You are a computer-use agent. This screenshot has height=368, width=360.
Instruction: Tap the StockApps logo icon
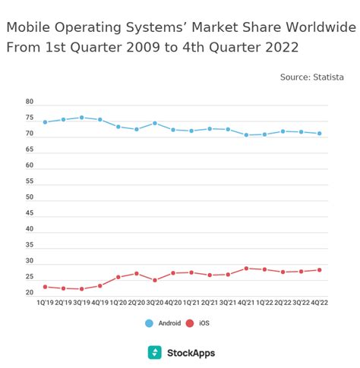click(x=155, y=353)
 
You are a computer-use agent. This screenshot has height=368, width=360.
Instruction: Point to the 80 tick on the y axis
click(x=30, y=102)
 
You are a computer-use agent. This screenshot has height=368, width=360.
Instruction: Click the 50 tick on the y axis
click(x=30, y=197)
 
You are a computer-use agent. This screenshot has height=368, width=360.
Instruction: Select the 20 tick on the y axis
click(x=30, y=293)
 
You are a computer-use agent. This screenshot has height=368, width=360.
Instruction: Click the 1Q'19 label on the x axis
click(x=46, y=302)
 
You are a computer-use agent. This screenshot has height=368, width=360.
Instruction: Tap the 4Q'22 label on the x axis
click(x=319, y=302)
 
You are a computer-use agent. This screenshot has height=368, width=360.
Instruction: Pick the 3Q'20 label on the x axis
click(x=155, y=302)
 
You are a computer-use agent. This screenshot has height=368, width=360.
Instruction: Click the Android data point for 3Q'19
click(x=82, y=118)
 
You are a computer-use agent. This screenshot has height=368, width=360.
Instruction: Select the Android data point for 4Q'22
click(x=319, y=134)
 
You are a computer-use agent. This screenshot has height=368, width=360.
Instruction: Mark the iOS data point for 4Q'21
click(x=246, y=268)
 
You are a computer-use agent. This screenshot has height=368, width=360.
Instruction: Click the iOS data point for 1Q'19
click(x=46, y=287)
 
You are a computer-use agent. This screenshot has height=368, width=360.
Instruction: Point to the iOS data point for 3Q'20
click(x=155, y=280)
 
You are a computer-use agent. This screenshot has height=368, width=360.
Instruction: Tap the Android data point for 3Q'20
click(x=155, y=123)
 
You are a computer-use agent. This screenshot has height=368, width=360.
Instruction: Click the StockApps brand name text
click(x=191, y=353)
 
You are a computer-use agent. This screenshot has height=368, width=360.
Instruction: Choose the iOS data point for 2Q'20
click(x=137, y=273)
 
